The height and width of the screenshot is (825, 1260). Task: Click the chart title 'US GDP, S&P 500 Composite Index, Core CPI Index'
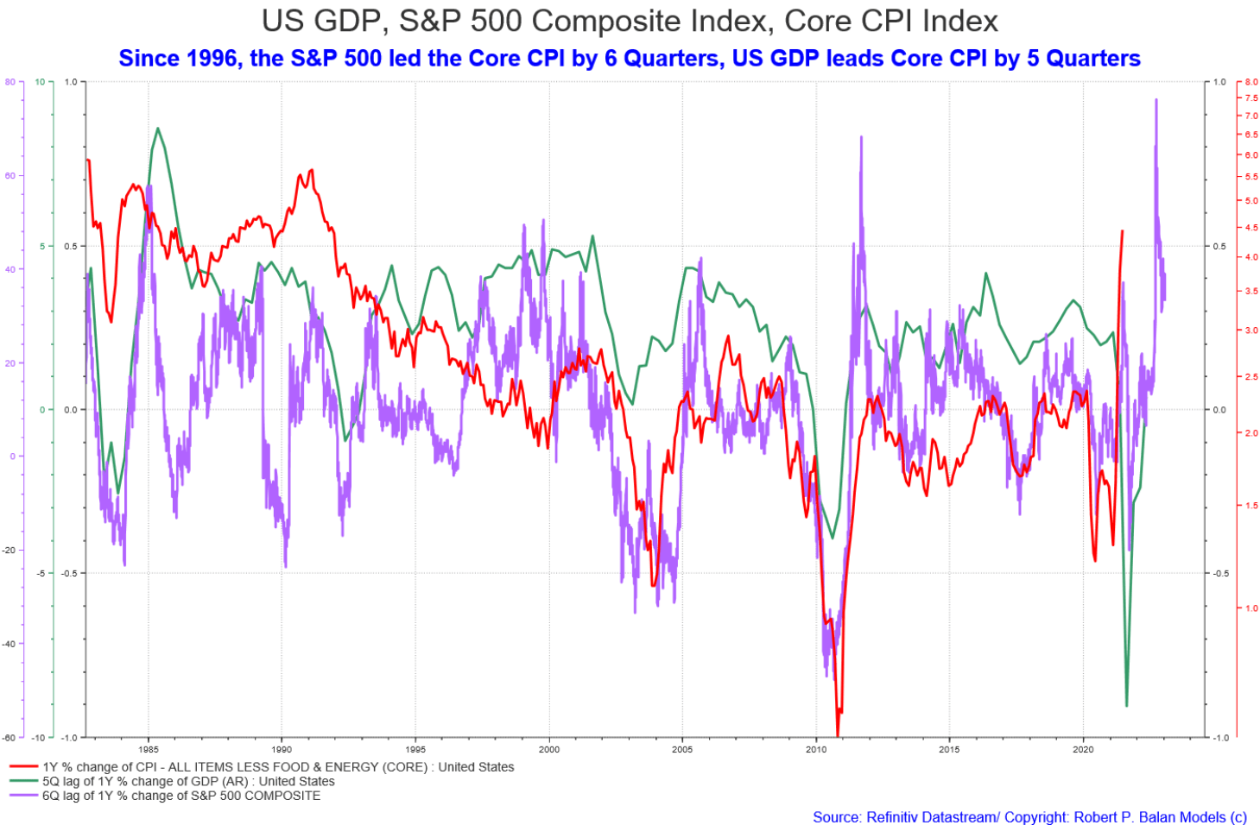[630, 21]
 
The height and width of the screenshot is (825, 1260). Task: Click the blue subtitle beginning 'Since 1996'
[630, 59]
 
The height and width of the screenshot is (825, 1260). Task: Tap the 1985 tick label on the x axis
[148, 749]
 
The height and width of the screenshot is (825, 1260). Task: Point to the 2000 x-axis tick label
[549, 749]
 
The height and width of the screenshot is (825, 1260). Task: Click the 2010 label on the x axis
[816, 749]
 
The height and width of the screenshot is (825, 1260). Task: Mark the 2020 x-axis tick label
[1083, 749]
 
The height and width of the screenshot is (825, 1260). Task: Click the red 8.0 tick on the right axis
[1251, 82]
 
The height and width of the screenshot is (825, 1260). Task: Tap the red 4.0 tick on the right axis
[1251, 257]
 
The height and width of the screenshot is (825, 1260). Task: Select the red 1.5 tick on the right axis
[1251, 506]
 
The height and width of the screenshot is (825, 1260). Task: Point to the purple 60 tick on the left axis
[10, 175]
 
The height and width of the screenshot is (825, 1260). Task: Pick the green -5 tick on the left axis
[39, 573]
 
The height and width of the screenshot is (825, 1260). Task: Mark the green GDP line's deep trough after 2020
[1126, 706]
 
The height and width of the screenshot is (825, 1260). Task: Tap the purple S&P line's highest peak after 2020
[1156, 100]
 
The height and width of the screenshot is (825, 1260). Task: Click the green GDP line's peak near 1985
[157, 129]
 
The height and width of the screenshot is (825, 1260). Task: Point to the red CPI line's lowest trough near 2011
[838, 734]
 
